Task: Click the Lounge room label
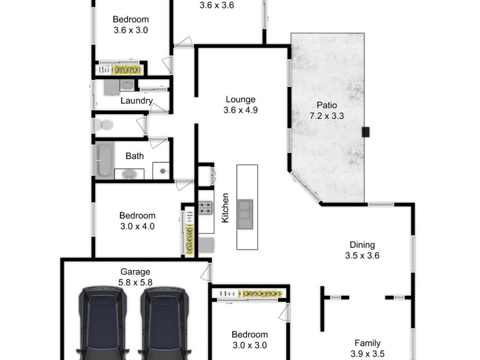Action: (240, 100)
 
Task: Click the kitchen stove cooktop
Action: (206, 208)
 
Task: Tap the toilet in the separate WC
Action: (103, 125)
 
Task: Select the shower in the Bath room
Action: (161, 171)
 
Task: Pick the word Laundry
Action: (136, 101)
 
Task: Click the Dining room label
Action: (362, 245)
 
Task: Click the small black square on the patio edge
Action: (365, 133)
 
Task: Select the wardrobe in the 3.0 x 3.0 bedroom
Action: (250, 293)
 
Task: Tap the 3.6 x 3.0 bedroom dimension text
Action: (130, 29)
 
